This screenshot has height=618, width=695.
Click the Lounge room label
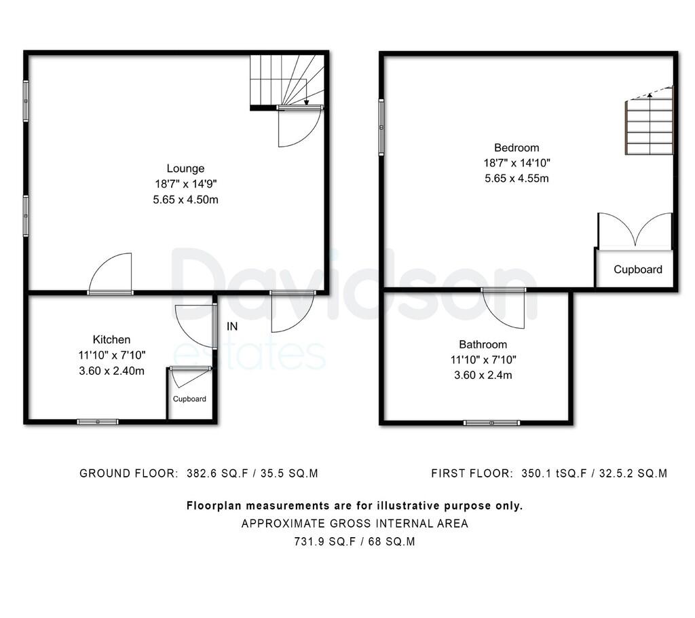(185, 168)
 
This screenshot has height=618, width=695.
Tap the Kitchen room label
(111, 340)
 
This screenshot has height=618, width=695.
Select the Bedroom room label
(516, 147)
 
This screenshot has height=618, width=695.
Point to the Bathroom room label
(483, 344)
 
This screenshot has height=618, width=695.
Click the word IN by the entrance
(232, 327)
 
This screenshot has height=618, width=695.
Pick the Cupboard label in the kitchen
(189, 399)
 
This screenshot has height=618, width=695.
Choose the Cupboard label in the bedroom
(637, 270)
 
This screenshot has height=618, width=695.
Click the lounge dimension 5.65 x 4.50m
(185, 200)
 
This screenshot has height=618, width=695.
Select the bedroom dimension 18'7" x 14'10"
(516, 163)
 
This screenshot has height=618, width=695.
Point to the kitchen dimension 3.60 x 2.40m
(111, 371)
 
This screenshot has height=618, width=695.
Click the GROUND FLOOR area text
(199, 473)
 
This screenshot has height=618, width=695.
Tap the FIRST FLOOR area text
(548, 473)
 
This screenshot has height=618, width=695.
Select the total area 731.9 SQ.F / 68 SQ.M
(354, 542)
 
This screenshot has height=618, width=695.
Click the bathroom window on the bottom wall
(491, 423)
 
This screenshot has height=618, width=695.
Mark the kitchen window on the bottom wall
(98, 422)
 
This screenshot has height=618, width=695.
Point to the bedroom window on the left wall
(381, 127)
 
